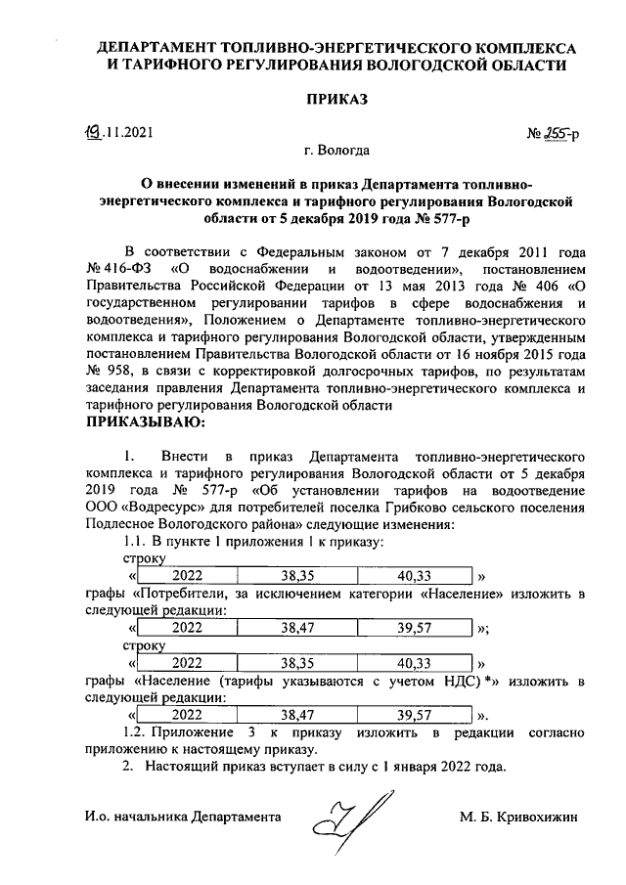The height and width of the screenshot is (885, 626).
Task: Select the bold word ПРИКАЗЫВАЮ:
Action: pos(148,422)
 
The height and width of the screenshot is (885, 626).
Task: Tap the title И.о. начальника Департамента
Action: pos(182,816)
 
